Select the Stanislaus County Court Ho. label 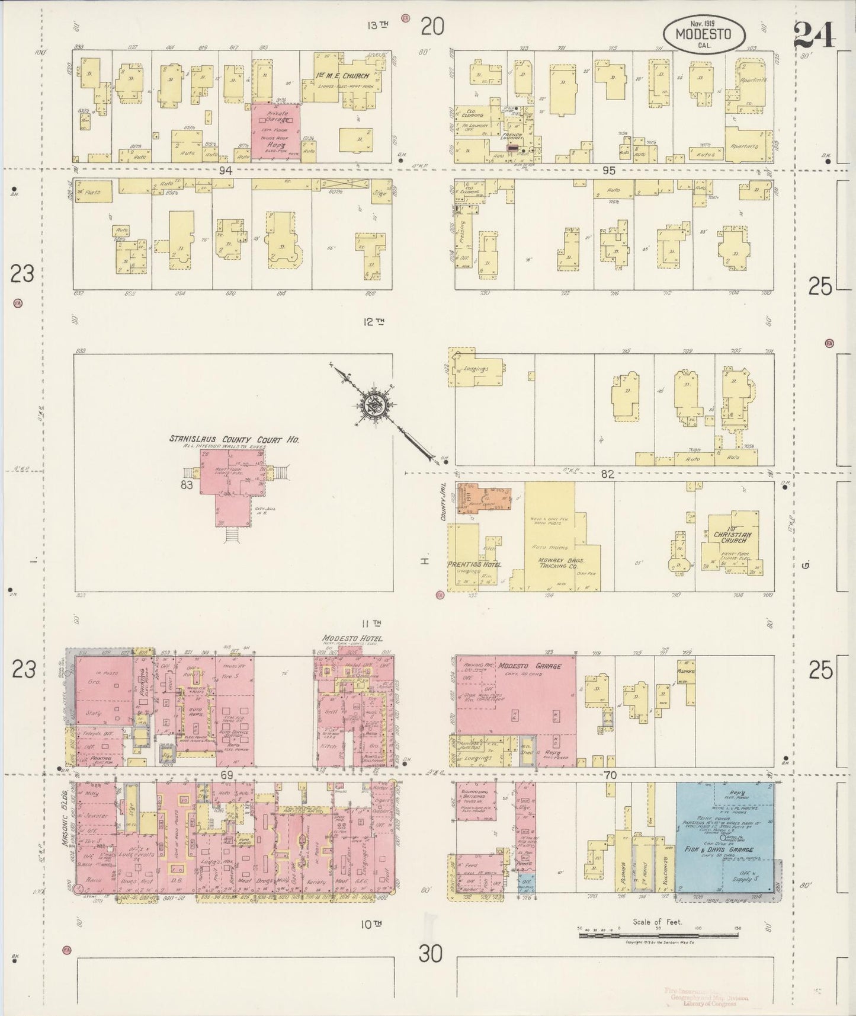233,439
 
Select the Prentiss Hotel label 474,564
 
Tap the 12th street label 374,322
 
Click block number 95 608,171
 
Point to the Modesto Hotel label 352,638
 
